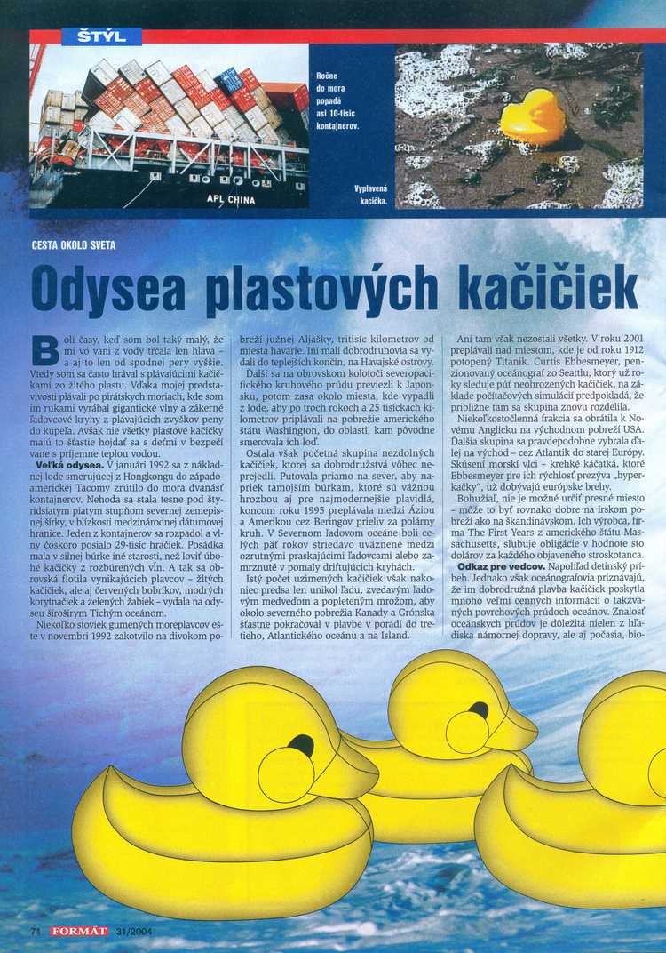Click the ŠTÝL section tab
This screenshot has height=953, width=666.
tap(102, 36)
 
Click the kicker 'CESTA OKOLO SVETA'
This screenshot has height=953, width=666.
tap(73, 245)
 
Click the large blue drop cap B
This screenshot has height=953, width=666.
tap(44, 350)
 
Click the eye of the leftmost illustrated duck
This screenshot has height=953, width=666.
tap(301, 745)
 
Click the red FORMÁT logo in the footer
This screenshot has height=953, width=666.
tap(79, 931)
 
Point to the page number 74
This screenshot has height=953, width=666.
tap(36, 931)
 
